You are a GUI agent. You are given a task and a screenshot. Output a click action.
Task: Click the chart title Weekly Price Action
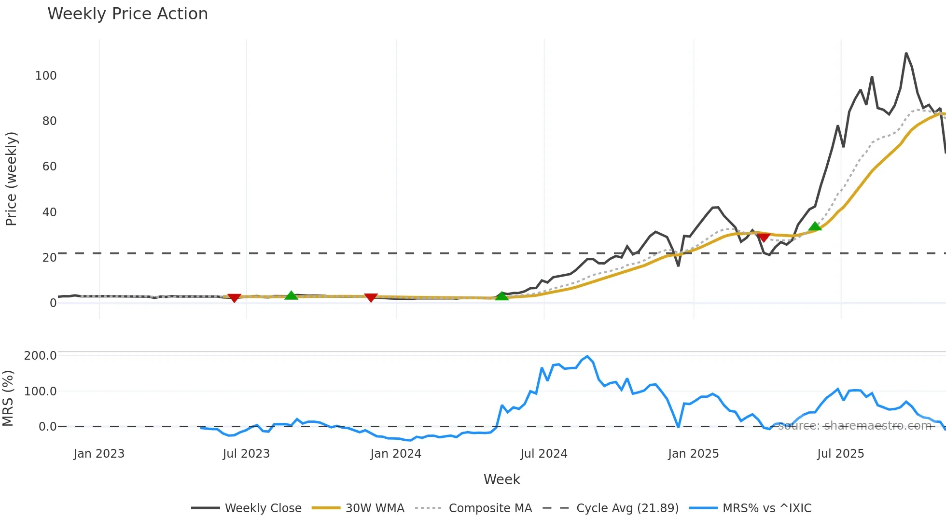click(x=127, y=14)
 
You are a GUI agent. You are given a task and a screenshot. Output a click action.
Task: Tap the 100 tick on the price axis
click(x=46, y=75)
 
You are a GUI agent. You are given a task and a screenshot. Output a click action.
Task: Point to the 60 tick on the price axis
click(x=49, y=166)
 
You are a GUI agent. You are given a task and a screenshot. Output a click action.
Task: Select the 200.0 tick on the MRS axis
click(x=40, y=355)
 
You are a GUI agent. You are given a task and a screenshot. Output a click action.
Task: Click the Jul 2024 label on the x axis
click(x=543, y=453)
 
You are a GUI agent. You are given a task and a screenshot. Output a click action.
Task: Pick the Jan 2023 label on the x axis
click(x=99, y=453)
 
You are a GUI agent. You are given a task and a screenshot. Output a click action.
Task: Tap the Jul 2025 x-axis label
click(x=840, y=453)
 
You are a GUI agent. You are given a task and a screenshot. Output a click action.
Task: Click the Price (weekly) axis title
click(x=11, y=179)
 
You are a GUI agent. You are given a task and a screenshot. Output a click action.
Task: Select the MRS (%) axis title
click(x=8, y=398)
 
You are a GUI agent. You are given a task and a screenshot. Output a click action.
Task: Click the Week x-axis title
click(x=501, y=479)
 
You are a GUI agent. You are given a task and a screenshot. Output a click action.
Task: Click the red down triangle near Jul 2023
click(x=234, y=298)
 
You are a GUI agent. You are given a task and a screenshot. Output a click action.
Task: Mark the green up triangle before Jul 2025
click(x=815, y=226)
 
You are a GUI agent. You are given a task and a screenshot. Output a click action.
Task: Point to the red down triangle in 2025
click(x=764, y=237)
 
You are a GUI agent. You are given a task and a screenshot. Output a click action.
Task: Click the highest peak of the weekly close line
click(x=906, y=53)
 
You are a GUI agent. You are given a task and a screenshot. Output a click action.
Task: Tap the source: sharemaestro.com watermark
click(x=854, y=425)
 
